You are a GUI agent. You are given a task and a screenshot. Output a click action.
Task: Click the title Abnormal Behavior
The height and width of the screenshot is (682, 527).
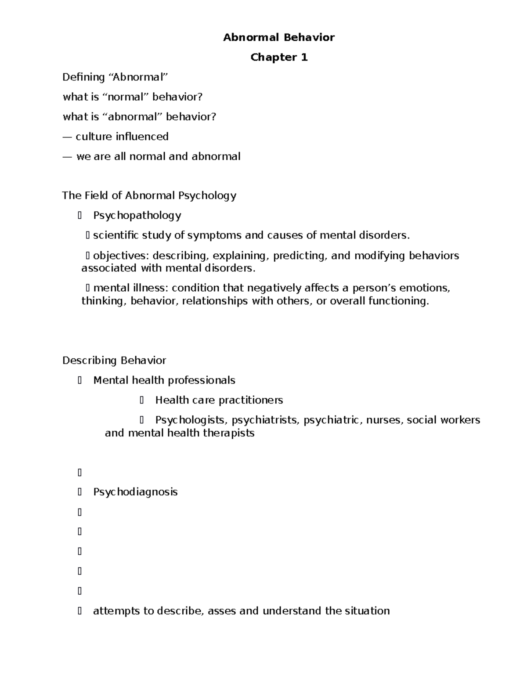tap(278, 37)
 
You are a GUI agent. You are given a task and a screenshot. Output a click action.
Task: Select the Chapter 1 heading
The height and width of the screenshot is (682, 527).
tap(278, 57)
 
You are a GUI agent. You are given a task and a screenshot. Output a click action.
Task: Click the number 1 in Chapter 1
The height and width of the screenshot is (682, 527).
tap(304, 57)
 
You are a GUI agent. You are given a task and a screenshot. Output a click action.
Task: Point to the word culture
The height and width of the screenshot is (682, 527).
tap(94, 137)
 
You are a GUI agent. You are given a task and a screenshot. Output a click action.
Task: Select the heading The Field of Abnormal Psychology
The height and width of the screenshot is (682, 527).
tap(149, 195)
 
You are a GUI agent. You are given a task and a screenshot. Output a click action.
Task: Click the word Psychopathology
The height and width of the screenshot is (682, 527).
tap(137, 215)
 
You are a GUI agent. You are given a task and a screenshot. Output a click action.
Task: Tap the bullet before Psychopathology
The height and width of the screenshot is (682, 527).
tap(79, 215)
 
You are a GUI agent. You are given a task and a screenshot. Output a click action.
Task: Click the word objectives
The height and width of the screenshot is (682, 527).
tap(121, 256)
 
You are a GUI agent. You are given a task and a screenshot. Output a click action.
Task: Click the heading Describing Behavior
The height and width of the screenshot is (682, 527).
tap(114, 361)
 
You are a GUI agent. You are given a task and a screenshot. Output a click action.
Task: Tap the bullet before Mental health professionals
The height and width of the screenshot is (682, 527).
tap(79, 380)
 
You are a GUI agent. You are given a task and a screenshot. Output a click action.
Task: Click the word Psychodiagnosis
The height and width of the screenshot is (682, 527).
tap(135, 492)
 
